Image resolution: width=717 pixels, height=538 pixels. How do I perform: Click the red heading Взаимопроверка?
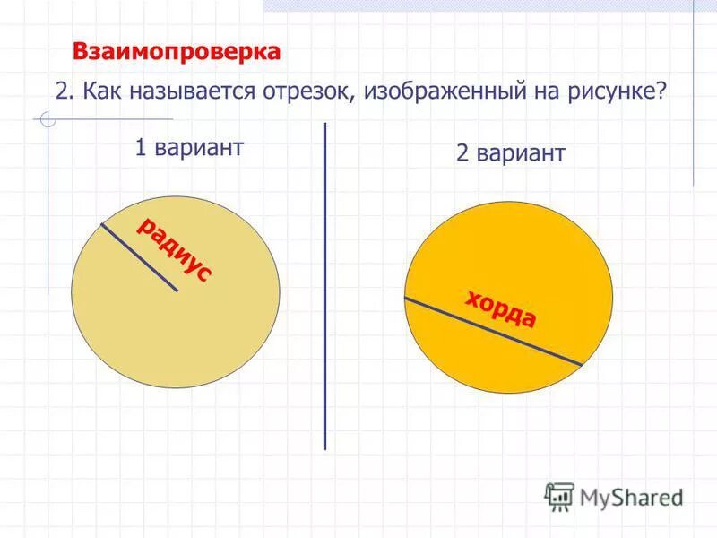coord(177,52)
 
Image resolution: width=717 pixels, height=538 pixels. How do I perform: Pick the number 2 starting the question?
coord(60,92)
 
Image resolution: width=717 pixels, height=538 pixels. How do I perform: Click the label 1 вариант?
coord(189,148)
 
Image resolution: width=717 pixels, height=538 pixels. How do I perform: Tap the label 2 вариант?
coord(510,153)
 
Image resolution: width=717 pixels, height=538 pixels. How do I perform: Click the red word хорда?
coord(500,309)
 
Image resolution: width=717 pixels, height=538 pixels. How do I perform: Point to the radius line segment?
coord(139,256)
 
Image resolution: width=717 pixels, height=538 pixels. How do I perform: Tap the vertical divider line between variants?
coord(324,287)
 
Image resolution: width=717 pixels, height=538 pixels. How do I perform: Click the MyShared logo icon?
coord(559,496)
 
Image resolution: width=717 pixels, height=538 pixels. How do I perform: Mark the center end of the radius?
coord(177,291)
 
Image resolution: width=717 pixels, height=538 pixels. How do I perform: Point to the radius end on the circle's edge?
coord(101,223)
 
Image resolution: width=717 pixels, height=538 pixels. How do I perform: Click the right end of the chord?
coord(581,364)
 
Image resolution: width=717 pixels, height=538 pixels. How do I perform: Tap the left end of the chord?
coord(405,298)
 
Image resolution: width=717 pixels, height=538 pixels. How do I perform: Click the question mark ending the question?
coord(661,92)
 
